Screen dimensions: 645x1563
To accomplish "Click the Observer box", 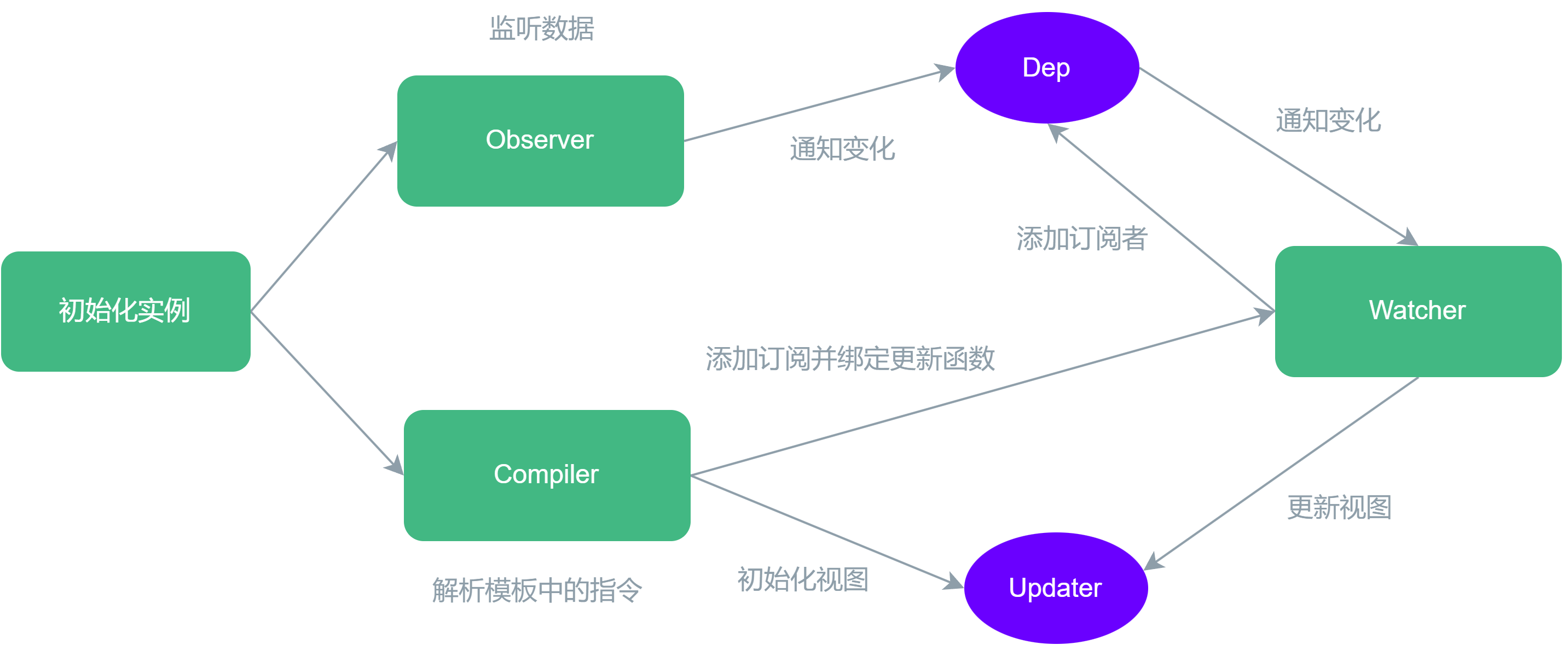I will pyautogui.click(x=540, y=140).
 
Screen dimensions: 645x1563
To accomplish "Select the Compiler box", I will pyautogui.click(x=547, y=475).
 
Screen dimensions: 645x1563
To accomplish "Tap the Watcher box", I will pyautogui.click(x=1417, y=311).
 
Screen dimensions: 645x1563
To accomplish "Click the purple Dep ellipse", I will pyautogui.click(x=1046, y=68).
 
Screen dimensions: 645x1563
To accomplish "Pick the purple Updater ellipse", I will pyautogui.click(x=1055, y=588).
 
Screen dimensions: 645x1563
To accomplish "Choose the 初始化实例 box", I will pyautogui.click(x=125, y=311).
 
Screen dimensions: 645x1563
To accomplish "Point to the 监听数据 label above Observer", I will pyautogui.click(x=541, y=28).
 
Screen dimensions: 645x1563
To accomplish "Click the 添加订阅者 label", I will pyautogui.click(x=1082, y=238).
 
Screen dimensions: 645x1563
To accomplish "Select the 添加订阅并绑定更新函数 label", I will pyautogui.click(x=850, y=358).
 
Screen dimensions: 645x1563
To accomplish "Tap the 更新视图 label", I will pyautogui.click(x=1339, y=507).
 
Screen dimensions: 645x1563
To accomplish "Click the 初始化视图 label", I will pyautogui.click(x=803, y=579).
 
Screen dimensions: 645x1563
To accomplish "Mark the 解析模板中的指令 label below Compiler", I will pyautogui.click(x=536, y=590).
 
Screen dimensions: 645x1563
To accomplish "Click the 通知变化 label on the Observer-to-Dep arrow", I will pyautogui.click(x=842, y=149).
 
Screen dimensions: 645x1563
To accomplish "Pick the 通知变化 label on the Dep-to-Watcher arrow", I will pyautogui.click(x=1328, y=120).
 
